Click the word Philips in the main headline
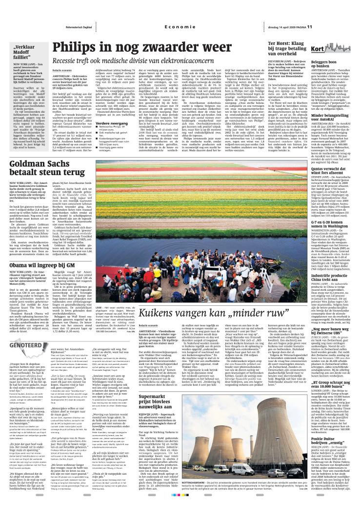[x=78, y=48]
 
